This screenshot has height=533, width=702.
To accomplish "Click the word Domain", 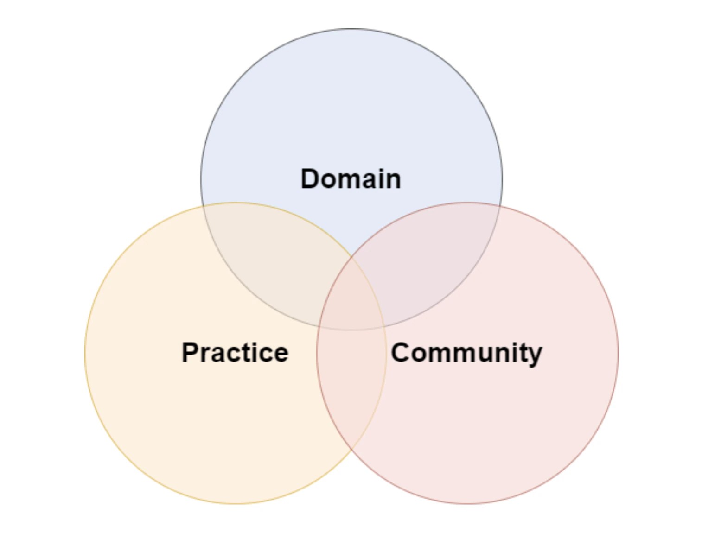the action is click(351, 179).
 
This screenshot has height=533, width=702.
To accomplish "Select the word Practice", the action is click(235, 353).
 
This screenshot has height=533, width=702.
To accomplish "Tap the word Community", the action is click(466, 354).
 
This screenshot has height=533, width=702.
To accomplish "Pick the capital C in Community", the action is click(402, 353).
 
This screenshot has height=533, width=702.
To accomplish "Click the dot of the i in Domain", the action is click(374, 169).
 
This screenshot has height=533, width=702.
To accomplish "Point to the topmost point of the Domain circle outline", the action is click(351, 29).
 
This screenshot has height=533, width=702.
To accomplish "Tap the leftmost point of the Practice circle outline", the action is click(85, 353).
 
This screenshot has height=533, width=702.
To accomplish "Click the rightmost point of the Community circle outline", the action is click(618, 353).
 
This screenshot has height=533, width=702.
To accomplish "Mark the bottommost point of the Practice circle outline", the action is click(236, 504).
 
